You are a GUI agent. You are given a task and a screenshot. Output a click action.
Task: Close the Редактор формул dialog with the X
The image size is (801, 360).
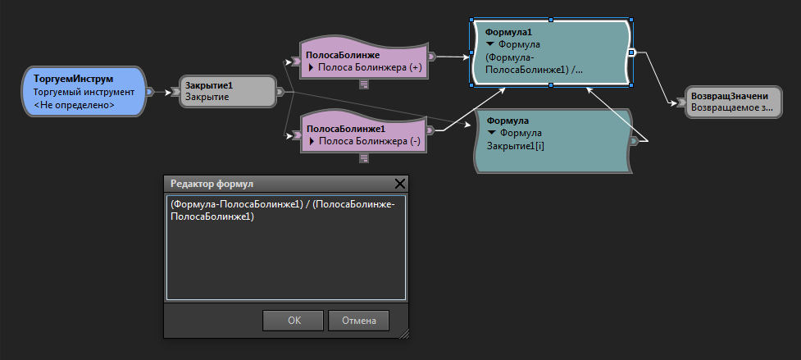[x=400, y=184]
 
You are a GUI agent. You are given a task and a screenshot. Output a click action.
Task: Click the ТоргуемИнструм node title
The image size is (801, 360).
[x=73, y=80]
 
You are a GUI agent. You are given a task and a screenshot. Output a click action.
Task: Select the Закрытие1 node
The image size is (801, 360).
[x=228, y=91]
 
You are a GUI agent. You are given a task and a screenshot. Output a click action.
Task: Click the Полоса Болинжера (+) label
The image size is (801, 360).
[x=371, y=67]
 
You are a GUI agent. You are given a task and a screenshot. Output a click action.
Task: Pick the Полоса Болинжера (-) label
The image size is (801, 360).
[x=369, y=141]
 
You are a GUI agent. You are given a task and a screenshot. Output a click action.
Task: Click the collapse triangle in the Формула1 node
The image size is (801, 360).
[x=491, y=44]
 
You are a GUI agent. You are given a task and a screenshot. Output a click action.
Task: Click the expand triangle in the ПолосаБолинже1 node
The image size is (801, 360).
[x=311, y=141]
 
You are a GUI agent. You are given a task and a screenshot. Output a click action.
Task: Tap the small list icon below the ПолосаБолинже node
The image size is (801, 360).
[x=364, y=84]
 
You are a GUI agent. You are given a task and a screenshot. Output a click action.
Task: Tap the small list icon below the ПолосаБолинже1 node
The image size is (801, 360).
[x=364, y=158]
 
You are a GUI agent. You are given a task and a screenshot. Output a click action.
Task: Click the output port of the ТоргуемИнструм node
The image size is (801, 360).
[x=149, y=92]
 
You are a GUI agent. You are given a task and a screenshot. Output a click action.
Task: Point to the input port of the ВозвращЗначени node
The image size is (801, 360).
[x=681, y=103]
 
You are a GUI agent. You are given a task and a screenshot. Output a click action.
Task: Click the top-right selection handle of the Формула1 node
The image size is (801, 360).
[x=631, y=20]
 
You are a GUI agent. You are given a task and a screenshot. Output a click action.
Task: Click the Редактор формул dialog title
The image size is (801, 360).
[x=212, y=184]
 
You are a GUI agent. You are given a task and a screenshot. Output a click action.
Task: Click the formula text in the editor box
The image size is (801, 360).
[x=287, y=210]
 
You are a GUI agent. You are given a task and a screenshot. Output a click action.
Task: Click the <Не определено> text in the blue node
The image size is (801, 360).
[x=74, y=105]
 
